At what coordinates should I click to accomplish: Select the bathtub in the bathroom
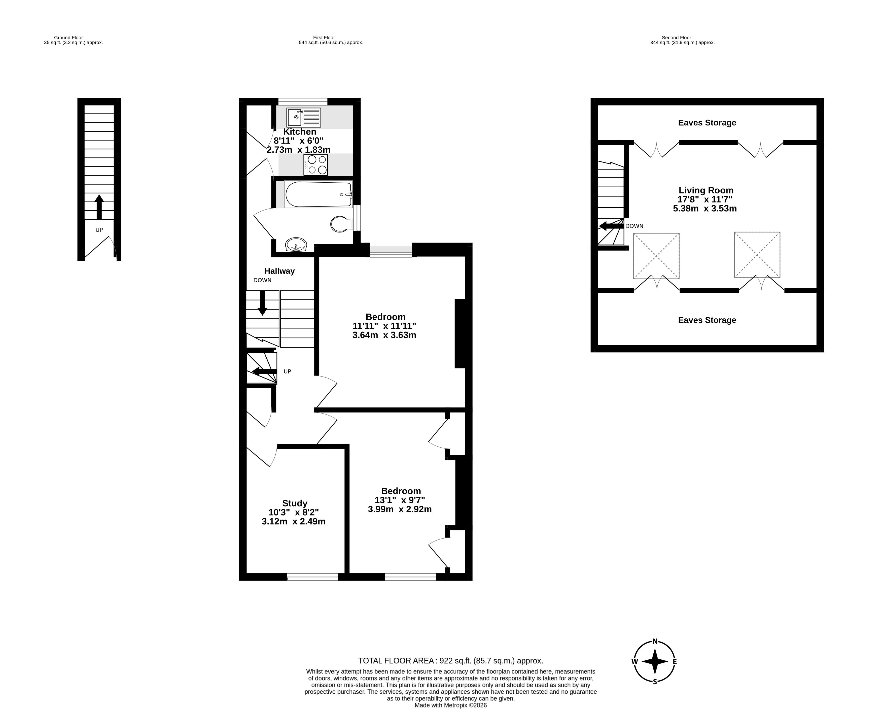[x=319, y=194]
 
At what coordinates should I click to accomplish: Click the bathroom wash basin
[x=296, y=245]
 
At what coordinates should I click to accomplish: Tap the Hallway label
[x=279, y=271]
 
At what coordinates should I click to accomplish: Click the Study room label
[x=295, y=503]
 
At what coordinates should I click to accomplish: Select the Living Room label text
[x=706, y=190]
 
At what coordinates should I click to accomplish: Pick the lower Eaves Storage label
[x=707, y=320]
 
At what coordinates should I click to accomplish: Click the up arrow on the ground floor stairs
[x=99, y=207]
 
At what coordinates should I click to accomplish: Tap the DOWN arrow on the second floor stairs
[x=611, y=226]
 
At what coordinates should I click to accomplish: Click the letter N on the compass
[x=655, y=642]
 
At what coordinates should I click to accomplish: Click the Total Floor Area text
[x=450, y=661]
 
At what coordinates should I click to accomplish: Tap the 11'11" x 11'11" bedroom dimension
[x=384, y=326]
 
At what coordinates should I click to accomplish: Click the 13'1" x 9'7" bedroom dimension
[x=400, y=500]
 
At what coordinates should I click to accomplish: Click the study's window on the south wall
[x=312, y=577]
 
